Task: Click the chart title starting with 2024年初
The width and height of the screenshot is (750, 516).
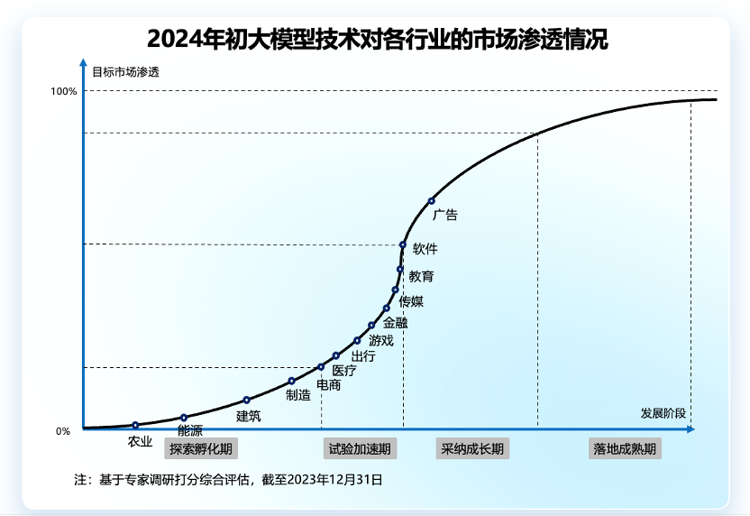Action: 376,41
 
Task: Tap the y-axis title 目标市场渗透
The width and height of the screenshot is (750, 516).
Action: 125,71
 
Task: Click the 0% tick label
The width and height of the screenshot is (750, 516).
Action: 62,431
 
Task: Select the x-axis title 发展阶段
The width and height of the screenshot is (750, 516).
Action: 663,413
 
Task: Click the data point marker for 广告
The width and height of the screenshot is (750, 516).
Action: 431,200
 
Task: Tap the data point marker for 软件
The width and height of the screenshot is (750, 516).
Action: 403,244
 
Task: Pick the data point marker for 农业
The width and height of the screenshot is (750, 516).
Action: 135,425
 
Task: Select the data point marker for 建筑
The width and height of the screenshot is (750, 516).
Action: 246,400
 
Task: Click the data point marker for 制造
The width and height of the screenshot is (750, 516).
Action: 291,381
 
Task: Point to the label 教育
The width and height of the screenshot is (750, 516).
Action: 421,276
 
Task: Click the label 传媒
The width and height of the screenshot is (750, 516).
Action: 411,301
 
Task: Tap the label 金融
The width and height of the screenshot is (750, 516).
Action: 395,322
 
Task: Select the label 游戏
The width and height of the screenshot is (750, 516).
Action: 381,340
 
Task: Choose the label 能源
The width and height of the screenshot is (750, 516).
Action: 190,430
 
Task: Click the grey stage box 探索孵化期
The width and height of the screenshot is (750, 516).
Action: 202,448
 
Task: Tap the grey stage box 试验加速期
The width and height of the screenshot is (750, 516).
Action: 360,448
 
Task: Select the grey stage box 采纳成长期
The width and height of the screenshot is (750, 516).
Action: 472,448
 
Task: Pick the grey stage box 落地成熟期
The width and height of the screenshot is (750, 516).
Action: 625,448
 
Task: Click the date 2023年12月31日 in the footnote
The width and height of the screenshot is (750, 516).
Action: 334,480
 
